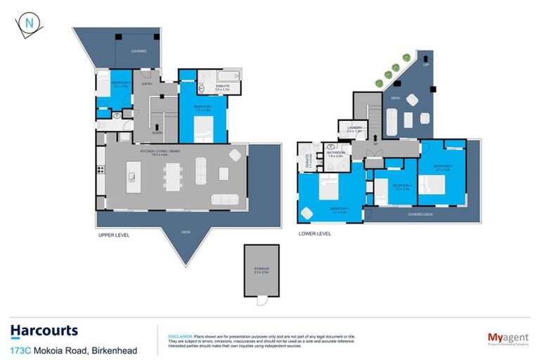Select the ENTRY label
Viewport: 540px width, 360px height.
[x=148, y=84]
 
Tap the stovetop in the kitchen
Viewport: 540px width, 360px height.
[x=101, y=168]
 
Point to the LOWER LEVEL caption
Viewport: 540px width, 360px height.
[x=314, y=233]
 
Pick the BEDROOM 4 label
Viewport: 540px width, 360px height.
[x=382, y=187]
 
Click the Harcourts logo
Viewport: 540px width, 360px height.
[x=44, y=330]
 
